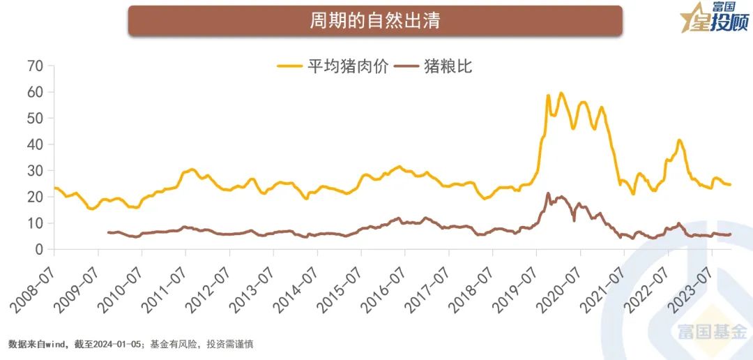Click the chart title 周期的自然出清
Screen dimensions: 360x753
click(x=374, y=20)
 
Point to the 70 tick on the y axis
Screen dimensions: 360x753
click(x=35, y=66)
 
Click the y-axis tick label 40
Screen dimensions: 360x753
click(x=35, y=144)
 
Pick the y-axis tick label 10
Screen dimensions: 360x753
click(x=35, y=223)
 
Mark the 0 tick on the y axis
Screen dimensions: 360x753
click(x=39, y=250)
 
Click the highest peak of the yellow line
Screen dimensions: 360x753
click(x=561, y=93)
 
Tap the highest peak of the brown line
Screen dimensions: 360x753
click(x=548, y=193)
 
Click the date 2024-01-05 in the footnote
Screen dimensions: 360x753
click(x=116, y=345)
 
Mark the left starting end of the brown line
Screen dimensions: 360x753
click(x=108, y=232)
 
